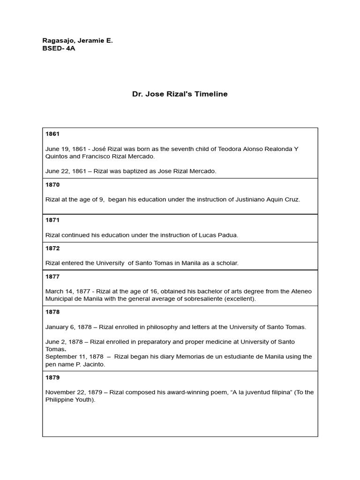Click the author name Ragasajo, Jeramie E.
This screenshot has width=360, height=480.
point(77,41)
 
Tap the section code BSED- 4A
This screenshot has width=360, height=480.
point(59,48)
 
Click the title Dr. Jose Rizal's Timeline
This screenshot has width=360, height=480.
point(180,94)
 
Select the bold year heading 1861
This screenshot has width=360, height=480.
point(52,134)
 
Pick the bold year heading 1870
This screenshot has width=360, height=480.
point(52,185)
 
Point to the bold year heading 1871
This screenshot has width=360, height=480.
point(52,220)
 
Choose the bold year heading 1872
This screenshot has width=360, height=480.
point(52,248)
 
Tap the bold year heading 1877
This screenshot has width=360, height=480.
point(52,277)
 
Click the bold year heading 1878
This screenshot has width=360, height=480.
point(52,312)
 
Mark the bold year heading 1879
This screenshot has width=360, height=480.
point(52,377)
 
